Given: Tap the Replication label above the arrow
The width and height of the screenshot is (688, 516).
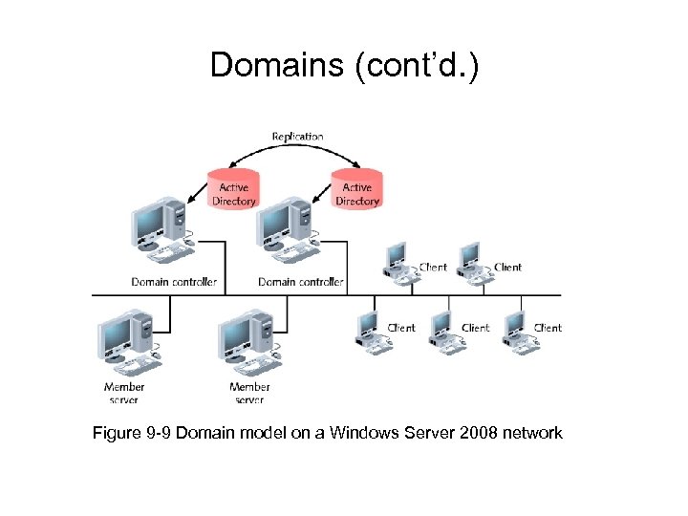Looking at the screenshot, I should click(297, 137).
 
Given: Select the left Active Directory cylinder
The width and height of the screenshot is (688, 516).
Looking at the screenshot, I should click(233, 188).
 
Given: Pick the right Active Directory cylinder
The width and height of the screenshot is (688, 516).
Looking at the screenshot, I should click(357, 188).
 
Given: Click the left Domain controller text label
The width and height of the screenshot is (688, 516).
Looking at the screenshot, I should click(174, 282).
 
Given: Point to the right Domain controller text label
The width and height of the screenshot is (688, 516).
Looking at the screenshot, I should click(301, 282).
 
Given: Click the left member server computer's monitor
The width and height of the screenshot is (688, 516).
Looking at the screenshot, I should click(115, 334).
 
